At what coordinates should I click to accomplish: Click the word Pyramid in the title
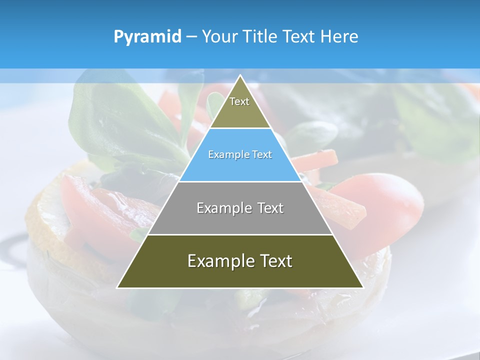tap(147, 37)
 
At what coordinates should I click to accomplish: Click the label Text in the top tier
tap(239, 101)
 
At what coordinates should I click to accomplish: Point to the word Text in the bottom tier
tap(275, 261)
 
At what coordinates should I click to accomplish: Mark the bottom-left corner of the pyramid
tap(118, 287)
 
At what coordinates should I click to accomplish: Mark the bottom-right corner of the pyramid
tap(362, 287)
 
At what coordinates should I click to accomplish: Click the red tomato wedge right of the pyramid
tap(385, 200)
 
